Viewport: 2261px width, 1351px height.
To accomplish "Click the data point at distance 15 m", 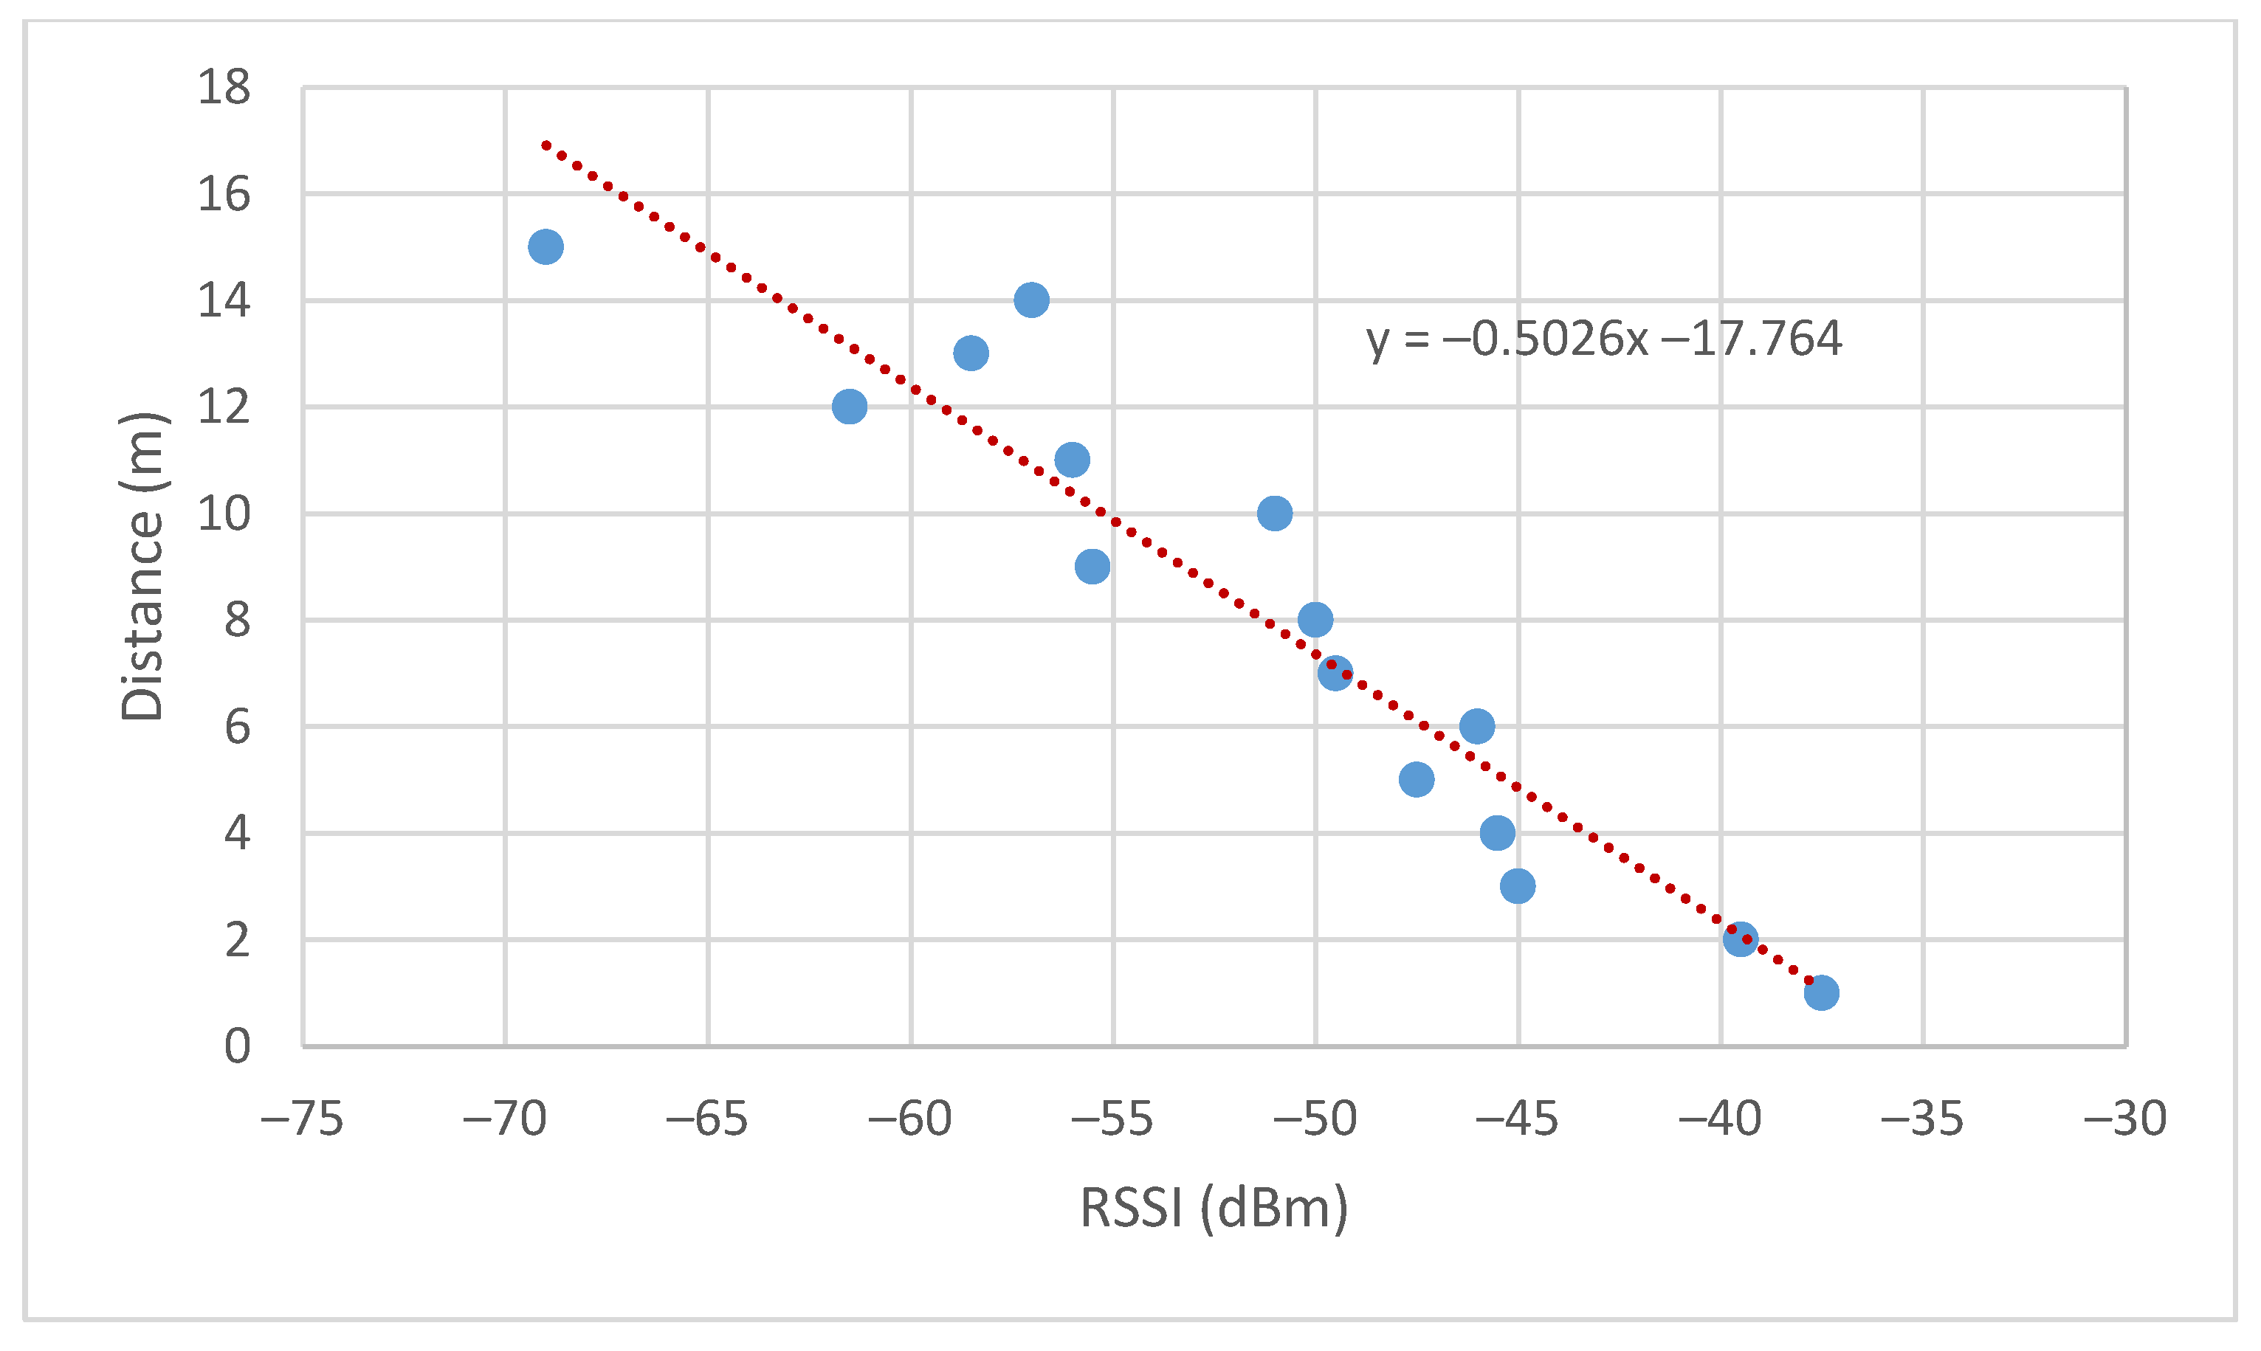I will pyautogui.click(x=546, y=246).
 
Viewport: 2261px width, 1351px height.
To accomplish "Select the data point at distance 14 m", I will pyautogui.click(x=1030, y=300).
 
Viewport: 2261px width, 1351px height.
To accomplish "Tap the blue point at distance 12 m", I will pyautogui.click(x=849, y=406).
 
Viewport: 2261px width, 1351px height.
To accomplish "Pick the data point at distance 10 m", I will pyautogui.click(x=1274, y=514).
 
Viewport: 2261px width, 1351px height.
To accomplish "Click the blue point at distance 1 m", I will pyautogui.click(x=1820, y=992).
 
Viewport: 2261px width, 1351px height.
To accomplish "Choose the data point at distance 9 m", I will pyautogui.click(x=1092, y=566).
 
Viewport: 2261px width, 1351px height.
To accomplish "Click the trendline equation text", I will pyautogui.click(x=1603, y=339).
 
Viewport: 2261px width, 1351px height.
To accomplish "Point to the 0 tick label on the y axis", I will pyautogui.click(x=237, y=1046).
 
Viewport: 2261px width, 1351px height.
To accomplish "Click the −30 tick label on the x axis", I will pyautogui.click(x=2124, y=1119).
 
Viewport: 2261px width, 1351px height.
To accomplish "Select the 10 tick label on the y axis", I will pyautogui.click(x=223, y=514).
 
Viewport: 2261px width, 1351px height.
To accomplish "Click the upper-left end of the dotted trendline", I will pyautogui.click(x=546, y=145).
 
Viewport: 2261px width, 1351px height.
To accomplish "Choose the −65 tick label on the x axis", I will pyautogui.click(x=706, y=1119).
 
